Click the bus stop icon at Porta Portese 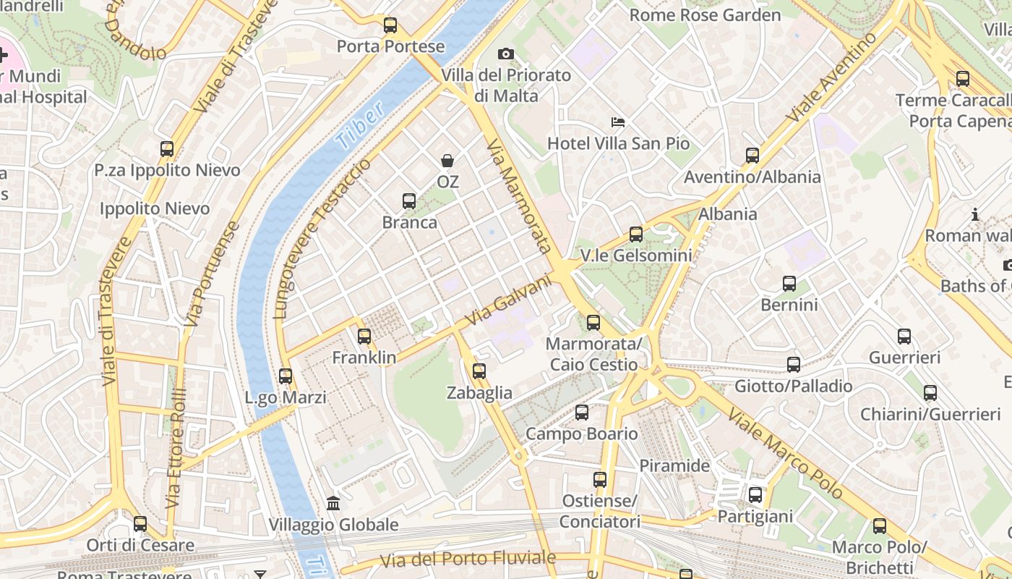390,25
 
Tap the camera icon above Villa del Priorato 506,54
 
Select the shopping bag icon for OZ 447,161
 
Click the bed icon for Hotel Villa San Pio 618,122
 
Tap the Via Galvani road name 507,303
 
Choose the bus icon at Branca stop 409,201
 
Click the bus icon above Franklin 364,337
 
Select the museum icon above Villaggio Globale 333,503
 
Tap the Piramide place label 674,465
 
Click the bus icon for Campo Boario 582,413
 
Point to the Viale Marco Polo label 785,454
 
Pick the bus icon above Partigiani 755,495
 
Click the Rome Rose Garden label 705,14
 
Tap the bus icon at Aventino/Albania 752,156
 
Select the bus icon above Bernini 789,284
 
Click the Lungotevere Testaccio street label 322,239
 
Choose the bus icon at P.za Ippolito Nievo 167,149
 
